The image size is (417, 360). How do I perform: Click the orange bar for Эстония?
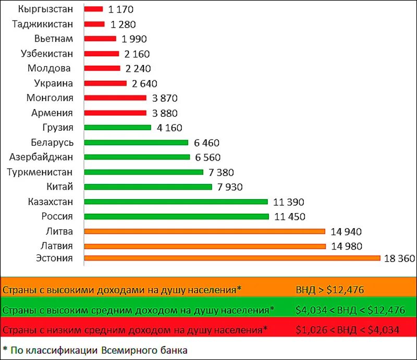(232, 258)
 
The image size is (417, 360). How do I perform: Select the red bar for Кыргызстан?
(93, 9)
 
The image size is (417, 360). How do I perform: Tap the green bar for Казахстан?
(176, 202)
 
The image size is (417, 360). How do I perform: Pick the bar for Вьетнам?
(100, 39)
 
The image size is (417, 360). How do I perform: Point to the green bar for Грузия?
(117, 128)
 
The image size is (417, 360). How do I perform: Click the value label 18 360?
(399, 258)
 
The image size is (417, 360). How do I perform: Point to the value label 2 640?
(144, 83)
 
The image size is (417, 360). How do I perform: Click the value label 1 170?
(121, 9)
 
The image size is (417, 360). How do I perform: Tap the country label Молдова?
(49, 68)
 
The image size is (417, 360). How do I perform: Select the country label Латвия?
(57, 245)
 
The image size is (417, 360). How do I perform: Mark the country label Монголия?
(50, 98)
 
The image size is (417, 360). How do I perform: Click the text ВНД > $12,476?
(329, 290)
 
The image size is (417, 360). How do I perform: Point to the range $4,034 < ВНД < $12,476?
(350, 310)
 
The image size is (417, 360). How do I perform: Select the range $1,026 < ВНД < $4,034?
(348, 330)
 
